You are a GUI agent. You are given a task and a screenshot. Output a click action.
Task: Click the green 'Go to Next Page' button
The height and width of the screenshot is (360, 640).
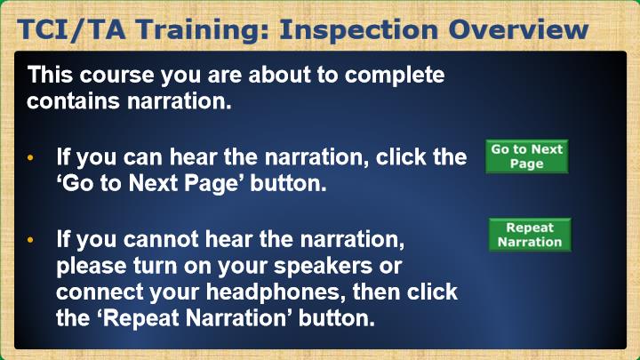(x=526, y=156)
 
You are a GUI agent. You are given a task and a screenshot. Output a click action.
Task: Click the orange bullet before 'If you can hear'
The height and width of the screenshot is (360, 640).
(x=30, y=157)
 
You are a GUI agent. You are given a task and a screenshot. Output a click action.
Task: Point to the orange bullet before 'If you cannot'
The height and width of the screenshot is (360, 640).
(x=30, y=240)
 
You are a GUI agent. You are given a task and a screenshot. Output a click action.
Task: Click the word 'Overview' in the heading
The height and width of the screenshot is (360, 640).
(x=518, y=30)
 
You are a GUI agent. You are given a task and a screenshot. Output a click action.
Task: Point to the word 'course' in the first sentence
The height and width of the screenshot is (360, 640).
(x=117, y=75)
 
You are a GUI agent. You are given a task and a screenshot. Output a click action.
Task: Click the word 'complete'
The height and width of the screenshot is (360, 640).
(x=395, y=76)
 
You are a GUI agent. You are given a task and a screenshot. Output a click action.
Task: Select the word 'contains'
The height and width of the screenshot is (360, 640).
(x=74, y=100)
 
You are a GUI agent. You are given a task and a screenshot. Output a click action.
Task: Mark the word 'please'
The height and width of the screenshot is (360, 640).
(x=92, y=266)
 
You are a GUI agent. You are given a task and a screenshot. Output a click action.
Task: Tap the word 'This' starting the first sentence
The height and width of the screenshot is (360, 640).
(x=50, y=75)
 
